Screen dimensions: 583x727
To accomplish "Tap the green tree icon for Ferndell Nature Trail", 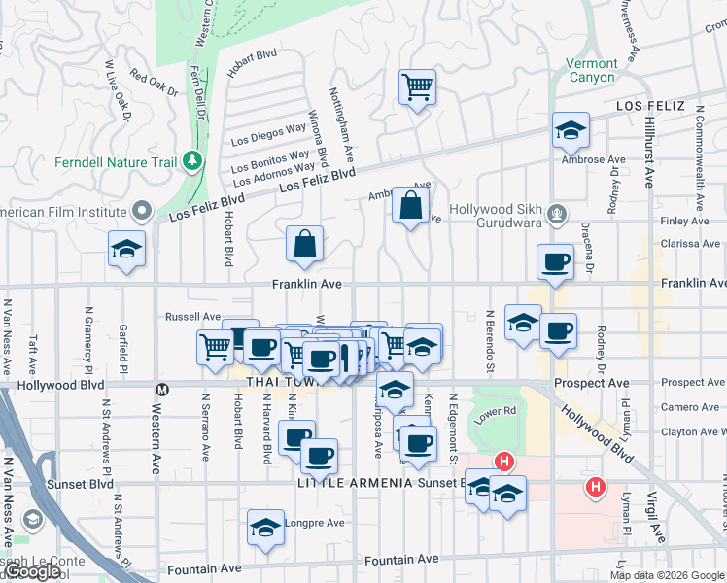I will tap(194, 159).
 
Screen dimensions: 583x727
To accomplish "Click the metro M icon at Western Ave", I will tap(162, 388).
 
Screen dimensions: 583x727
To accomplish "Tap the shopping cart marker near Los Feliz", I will tap(417, 88).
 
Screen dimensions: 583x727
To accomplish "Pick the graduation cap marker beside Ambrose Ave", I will tap(571, 130).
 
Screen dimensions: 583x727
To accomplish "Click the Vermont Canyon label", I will tap(592, 70).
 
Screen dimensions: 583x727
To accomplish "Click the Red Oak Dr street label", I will tap(154, 86).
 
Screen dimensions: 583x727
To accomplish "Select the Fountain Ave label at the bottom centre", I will tap(401, 560).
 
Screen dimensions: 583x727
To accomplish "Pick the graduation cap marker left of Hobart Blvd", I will tap(126, 250).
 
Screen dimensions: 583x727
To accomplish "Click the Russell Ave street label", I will tap(192, 317).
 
